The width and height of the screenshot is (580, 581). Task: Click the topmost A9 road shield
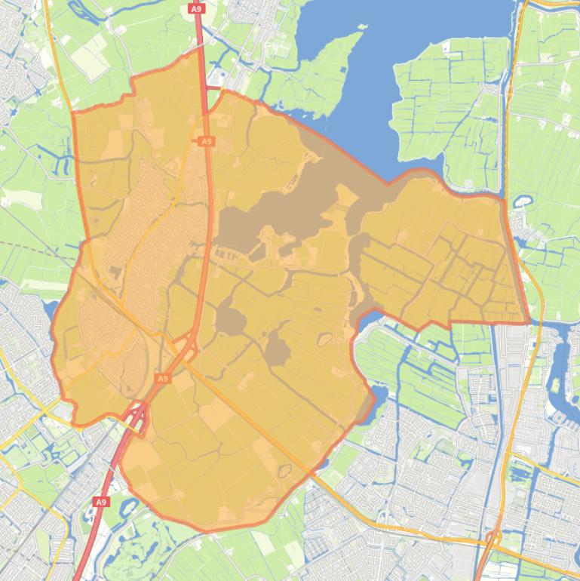[x=197, y=8]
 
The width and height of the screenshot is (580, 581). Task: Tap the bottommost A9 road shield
[x=101, y=501]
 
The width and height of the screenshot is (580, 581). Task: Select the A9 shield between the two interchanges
[x=162, y=377]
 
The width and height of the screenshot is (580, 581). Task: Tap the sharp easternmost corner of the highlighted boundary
[x=529, y=322]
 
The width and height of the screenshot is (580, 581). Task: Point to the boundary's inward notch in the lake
[x=388, y=183]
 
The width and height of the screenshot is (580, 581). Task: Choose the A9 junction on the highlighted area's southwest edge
[x=136, y=417]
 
